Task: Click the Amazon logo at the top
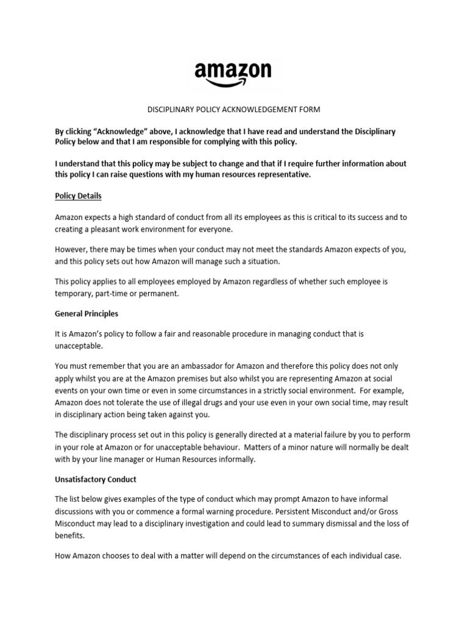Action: [x=233, y=72]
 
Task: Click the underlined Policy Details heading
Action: [x=78, y=196]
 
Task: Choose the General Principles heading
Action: [x=87, y=314]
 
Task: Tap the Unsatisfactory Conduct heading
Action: [x=96, y=479]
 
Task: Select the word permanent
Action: [x=159, y=294]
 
